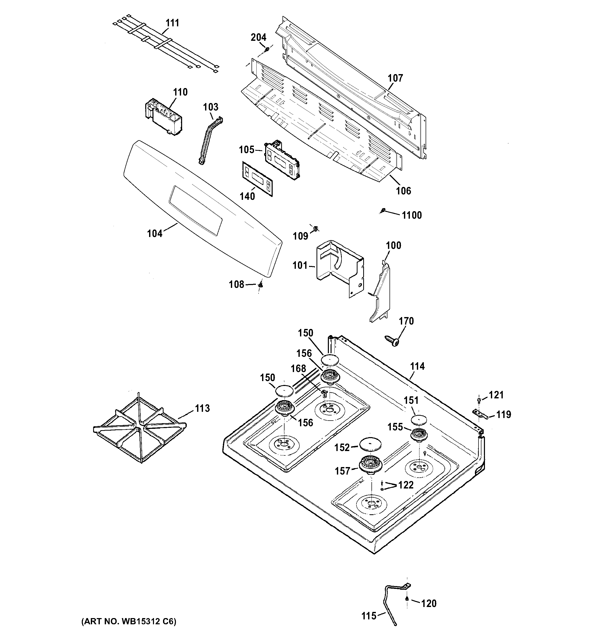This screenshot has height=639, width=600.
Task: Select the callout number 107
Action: click(x=395, y=78)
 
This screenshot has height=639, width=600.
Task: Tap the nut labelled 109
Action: click(x=315, y=228)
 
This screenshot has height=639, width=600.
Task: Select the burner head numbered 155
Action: click(x=419, y=435)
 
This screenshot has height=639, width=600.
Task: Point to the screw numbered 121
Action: click(x=479, y=399)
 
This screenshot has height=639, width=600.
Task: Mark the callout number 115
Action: click(x=369, y=616)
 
